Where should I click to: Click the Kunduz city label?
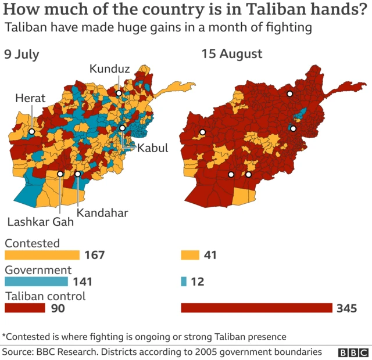[x=109, y=70]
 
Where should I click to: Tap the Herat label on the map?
[x=30, y=99]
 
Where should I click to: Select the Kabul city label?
[x=152, y=148]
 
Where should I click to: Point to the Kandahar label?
[x=102, y=213]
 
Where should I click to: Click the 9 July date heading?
[x=22, y=55]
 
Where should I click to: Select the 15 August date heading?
[x=231, y=55]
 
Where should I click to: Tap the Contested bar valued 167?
[x=42, y=255]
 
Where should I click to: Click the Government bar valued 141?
[x=36, y=282]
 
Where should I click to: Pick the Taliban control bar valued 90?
[x=25, y=308]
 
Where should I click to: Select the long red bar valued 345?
[x=256, y=308]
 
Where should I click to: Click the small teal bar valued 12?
[x=184, y=282]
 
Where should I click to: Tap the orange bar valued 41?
[x=190, y=255]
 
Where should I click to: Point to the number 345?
[x=346, y=308]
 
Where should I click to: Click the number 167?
[x=94, y=255]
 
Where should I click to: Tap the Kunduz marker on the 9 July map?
[x=119, y=92]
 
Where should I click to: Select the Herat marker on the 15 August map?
[x=202, y=132]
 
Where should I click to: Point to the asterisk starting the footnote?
[x=4, y=335]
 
